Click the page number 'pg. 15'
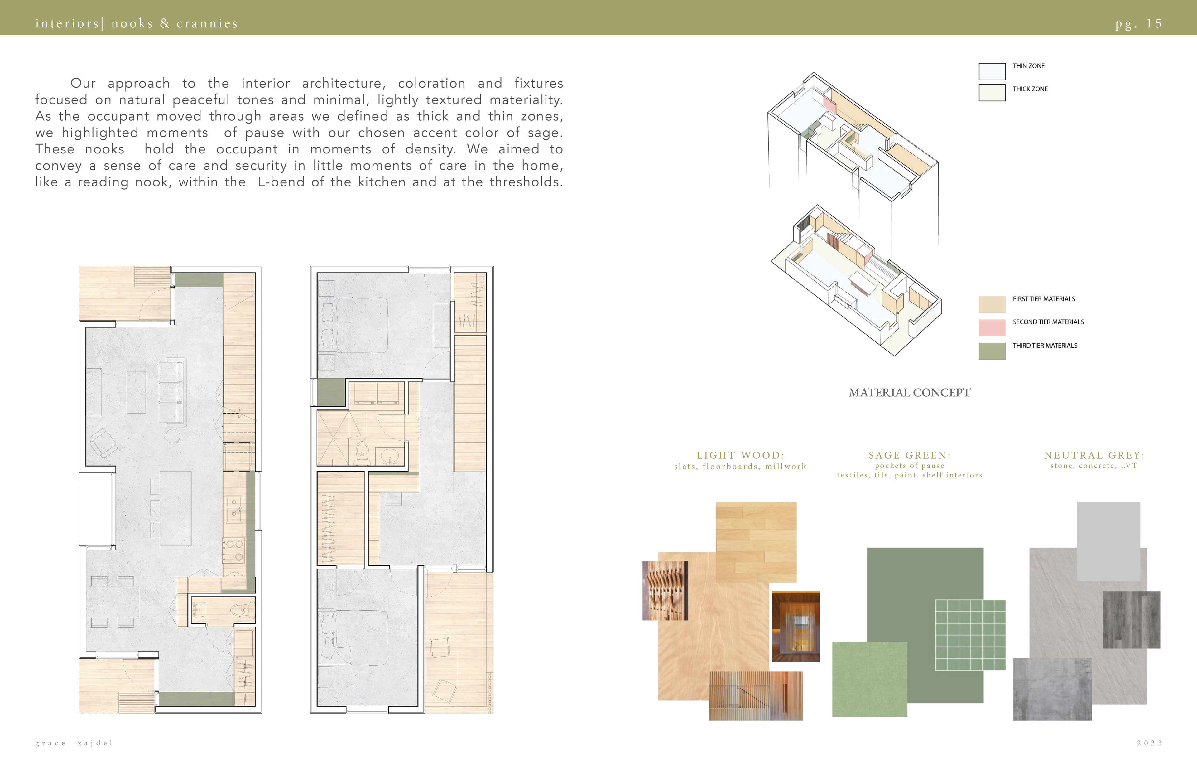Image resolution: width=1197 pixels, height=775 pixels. coord(1138,24)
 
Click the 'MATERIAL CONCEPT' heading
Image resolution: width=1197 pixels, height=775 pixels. coord(909,393)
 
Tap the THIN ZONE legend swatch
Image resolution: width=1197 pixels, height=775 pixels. coord(992,71)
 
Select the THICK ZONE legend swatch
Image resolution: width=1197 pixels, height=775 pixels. coord(992,93)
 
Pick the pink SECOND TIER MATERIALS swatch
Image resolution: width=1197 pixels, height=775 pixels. coord(992,327)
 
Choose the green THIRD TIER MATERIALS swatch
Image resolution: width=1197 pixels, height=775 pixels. coord(992,351)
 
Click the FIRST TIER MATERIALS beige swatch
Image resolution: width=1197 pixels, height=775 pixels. coord(992,304)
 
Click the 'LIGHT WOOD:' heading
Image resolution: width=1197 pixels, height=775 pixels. coord(740,455)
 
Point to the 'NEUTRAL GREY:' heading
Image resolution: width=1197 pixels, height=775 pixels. coord(1094,455)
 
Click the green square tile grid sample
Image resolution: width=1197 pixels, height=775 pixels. coord(970,635)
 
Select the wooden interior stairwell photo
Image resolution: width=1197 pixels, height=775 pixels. coord(796,627)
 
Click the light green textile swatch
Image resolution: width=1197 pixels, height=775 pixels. coord(870,679)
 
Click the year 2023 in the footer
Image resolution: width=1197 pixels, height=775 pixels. coord(1150,743)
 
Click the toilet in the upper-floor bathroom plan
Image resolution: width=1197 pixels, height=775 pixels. coord(362,453)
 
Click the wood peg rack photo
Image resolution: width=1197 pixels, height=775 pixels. coord(665,590)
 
